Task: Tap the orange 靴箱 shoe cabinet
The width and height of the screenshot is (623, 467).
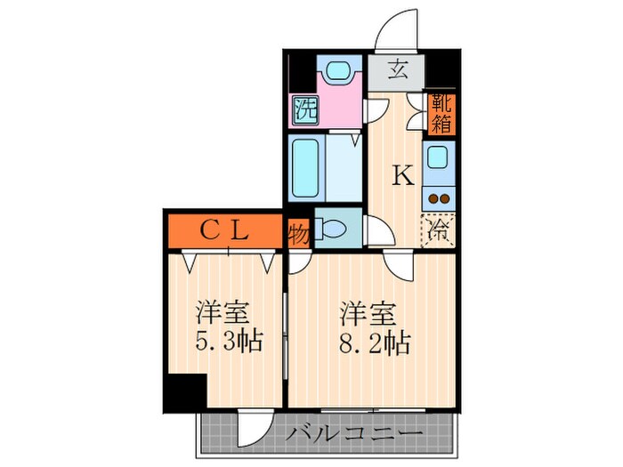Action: (441, 113)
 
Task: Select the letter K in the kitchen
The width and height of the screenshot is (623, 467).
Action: (403, 176)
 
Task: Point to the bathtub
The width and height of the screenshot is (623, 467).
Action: (306, 168)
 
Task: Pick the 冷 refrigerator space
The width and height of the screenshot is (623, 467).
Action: (438, 230)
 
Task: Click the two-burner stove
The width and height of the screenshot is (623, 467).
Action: (439, 198)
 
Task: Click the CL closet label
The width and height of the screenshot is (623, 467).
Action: (222, 231)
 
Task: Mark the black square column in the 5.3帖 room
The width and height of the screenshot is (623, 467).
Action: (183, 391)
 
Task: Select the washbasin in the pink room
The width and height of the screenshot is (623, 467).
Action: (336, 71)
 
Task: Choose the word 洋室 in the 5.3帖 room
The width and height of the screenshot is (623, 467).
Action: (222, 313)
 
